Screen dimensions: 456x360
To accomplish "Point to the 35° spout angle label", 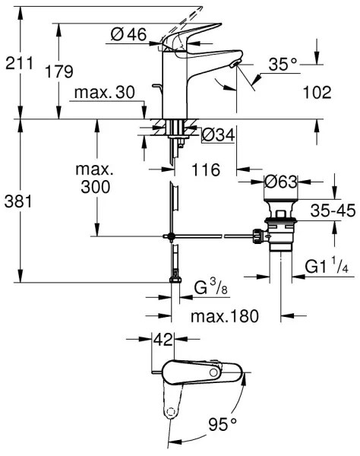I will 283,65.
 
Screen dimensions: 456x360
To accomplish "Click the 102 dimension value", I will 317,92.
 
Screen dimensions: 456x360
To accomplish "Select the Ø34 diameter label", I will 218,135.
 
